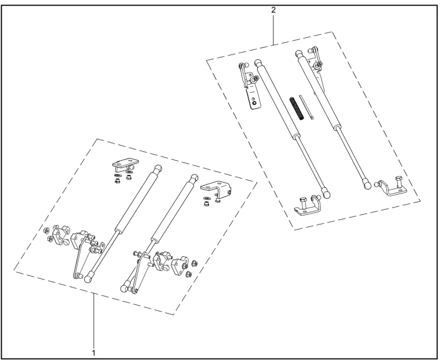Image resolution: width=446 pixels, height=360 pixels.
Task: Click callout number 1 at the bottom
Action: [94, 353]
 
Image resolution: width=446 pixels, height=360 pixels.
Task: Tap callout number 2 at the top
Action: [273, 10]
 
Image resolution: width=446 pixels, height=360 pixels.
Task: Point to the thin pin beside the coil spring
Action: [306, 107]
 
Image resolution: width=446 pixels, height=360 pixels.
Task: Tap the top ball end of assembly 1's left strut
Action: [158, 169]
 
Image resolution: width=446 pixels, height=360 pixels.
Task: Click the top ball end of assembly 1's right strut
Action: [194, 178]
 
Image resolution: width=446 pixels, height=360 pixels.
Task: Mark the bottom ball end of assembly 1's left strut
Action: [89, 277]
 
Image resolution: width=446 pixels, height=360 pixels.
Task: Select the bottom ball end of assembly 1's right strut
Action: [125, 287]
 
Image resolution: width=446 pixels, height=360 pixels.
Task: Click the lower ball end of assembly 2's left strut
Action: [326, 193]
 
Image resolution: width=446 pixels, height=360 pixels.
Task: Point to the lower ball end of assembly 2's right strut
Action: [367, 184]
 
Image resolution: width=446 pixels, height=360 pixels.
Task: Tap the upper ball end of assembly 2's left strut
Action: [258, 63]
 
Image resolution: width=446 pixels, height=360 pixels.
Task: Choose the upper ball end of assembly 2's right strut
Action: [298, 53]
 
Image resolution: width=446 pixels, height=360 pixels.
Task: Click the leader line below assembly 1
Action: [94, 321]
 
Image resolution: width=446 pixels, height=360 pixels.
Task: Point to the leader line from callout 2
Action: [273, 30]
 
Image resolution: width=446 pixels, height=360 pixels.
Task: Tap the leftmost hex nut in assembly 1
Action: [47, 230]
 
